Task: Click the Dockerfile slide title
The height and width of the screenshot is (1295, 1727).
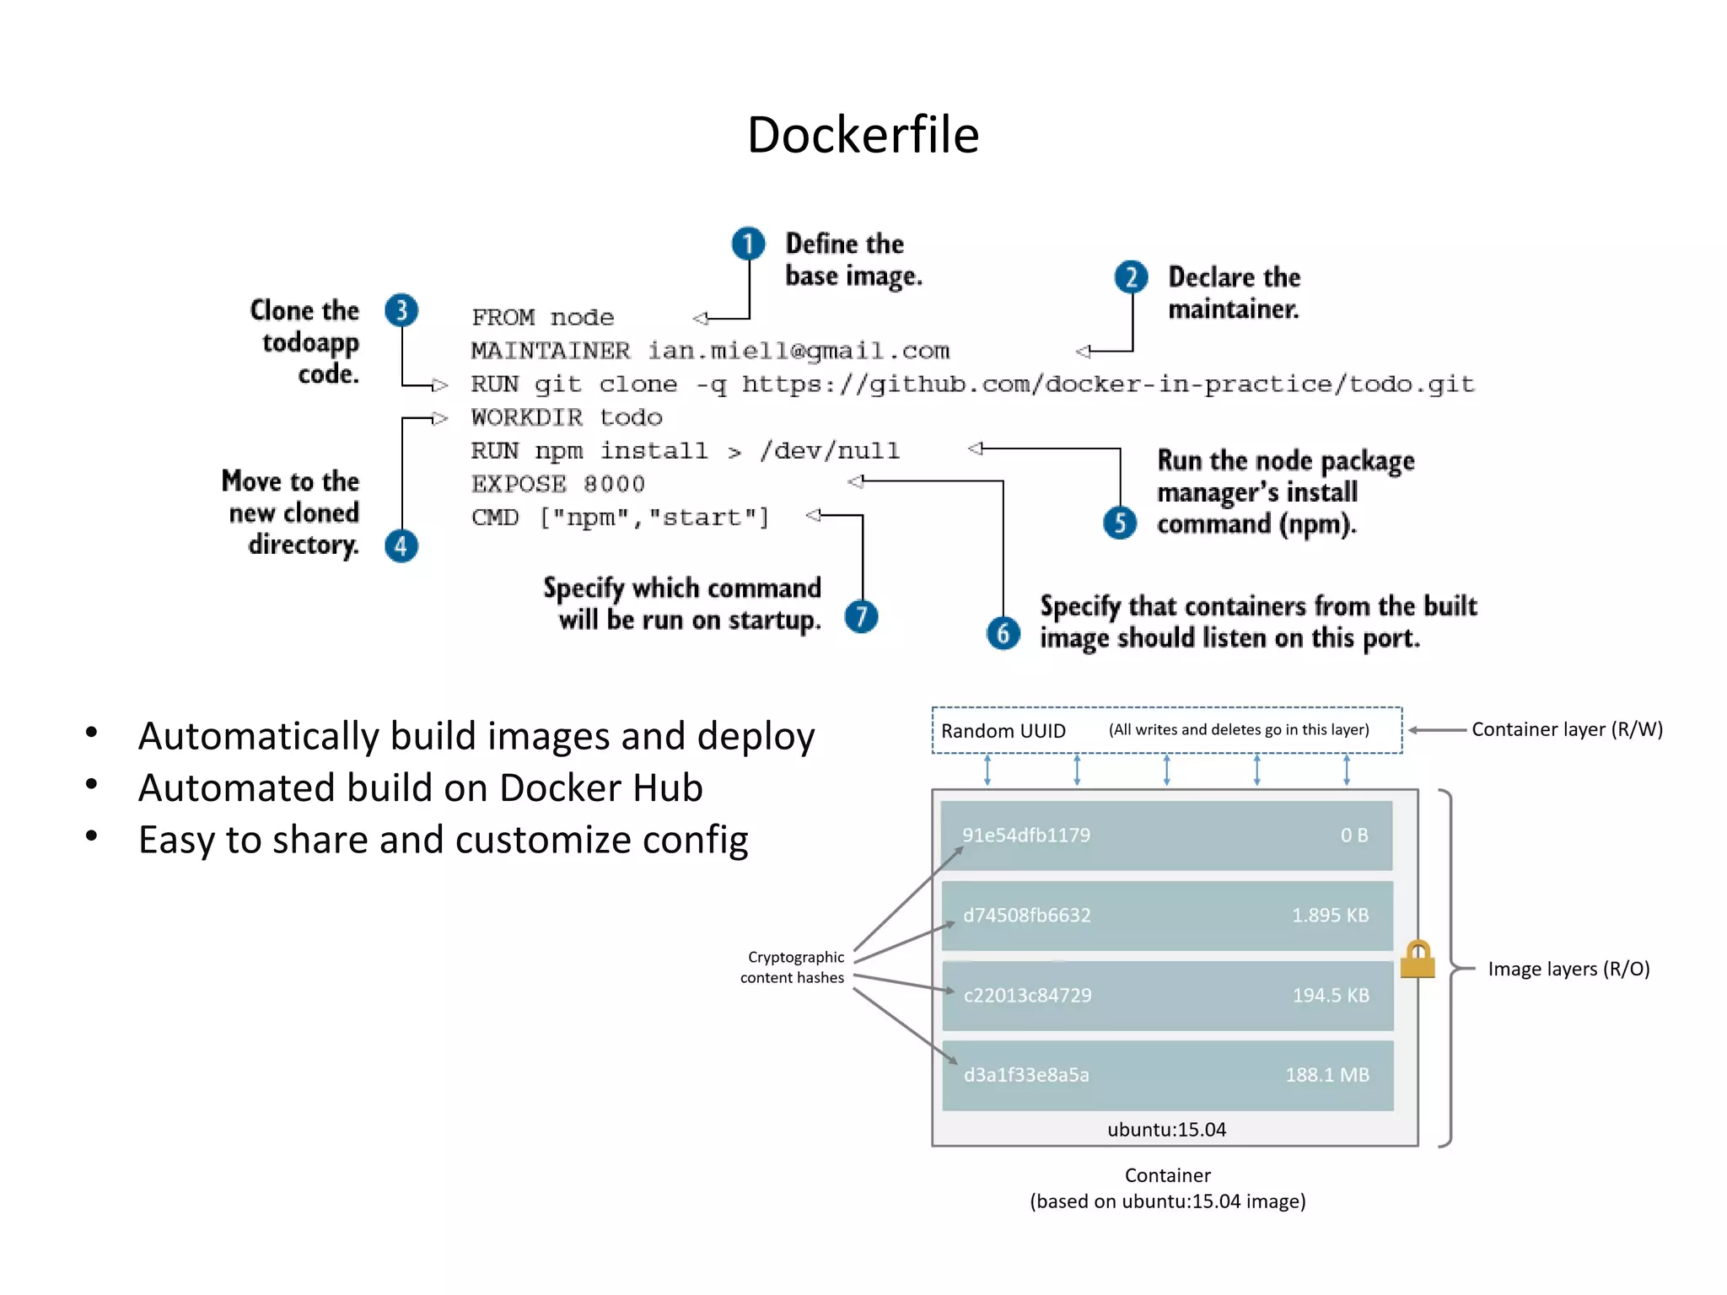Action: pyautogui.click(x=863, y=135)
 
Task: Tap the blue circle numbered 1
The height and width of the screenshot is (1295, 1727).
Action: pyautogui.click(x=748, y=244)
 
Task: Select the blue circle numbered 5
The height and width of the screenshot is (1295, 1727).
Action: pyautogui.click(x=1120, y=523)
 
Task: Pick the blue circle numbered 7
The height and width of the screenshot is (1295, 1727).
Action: pyautogui.click(x=861, y=616)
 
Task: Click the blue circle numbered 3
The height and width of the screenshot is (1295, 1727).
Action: pyautogui.click(x=401, y=310)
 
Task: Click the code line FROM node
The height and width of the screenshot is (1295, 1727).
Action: pyautogui.click(x=542, y=318)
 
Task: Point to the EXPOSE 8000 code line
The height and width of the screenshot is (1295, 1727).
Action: pyautogui.click(x=557, y=484)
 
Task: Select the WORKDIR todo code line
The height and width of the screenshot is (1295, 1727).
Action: pyautogui.click(x=566, y=417)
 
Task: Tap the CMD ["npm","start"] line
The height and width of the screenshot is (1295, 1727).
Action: pyautogui.click(x=620, y=517)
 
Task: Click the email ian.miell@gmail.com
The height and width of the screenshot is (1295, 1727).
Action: pyautogui.click(x=798, y=351)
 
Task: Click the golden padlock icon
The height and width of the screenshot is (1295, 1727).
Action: pyautogui.click(x=1418, y=960)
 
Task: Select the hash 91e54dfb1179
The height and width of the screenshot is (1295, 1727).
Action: pyautogui.click(x=1026, y=835)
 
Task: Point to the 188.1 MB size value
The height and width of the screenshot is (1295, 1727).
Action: pyautogui.click(x=1326, y=1075)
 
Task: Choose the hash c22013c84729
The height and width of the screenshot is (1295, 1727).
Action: pyautogui.click(x=1027, y=995)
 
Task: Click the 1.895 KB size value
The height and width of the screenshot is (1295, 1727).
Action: pyautogui.click(x=1330, y=915)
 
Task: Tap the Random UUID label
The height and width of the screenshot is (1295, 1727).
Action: pyautogui.click(x=1003, y=731)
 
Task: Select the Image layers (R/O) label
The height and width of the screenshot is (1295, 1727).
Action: pyautogui.click(x=1568, y=969)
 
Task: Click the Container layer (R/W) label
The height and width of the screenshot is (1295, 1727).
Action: pyautogui.click(x=1567, y=729)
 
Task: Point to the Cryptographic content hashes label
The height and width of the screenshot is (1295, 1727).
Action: pyautogui.click(x=793, y=967)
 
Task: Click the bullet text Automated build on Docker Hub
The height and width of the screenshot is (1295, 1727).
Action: pyautogui.click(x=420, y=787)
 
